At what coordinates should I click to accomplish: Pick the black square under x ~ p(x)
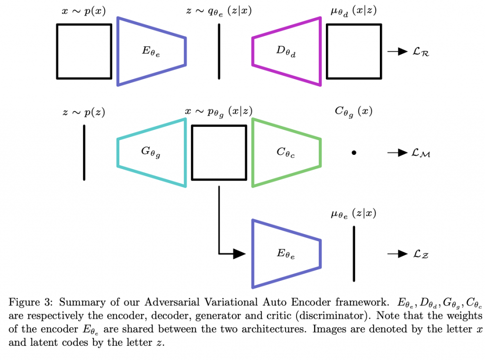84,51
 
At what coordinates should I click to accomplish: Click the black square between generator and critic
219,153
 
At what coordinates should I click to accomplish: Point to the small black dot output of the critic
353,153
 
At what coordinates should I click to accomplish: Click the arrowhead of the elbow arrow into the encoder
240,253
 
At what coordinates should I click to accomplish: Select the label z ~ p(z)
84,112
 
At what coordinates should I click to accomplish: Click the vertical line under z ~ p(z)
84,152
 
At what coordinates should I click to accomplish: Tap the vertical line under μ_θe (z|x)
353,254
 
